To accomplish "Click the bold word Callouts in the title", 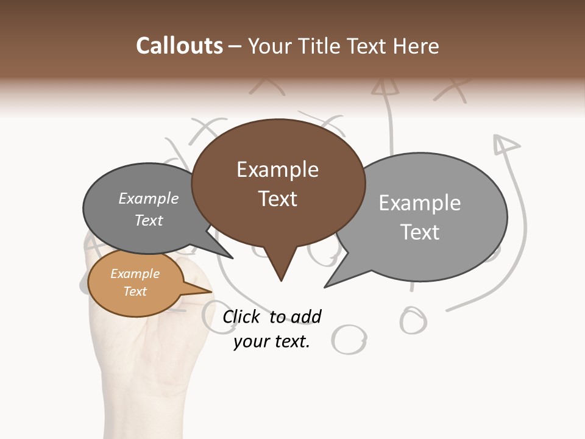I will [179, 46].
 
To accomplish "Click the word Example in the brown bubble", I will [277, 170].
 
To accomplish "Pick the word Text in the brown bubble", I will [277, 199].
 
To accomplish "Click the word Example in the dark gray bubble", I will [148, 198].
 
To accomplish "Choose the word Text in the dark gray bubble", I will [148, 220].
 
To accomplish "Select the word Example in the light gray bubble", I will [419, 203].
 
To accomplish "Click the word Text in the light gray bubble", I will [419, 232].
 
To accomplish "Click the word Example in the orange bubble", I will [135, 274].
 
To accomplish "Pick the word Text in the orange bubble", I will [135, 291].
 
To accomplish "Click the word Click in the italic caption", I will [242, 316].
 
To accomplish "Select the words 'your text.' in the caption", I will [272, 341].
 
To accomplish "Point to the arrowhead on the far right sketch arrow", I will [505, 145].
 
